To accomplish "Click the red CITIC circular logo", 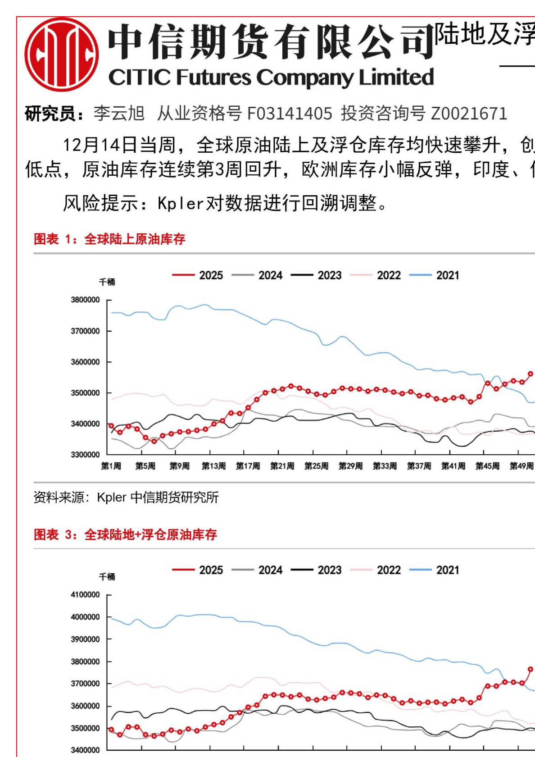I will (62, 55).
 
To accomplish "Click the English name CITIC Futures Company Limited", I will (271, 78).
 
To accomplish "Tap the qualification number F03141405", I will (290, 114).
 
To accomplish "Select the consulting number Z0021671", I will (469, 114).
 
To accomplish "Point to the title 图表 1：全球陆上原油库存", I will (109, 239).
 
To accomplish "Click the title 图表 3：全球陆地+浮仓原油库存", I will (125, 534).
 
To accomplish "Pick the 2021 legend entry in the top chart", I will (435, 275).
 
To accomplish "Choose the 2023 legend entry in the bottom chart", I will (317, 570).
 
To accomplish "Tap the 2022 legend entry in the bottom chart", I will (376, 570).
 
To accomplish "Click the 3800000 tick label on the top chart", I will (85, 300).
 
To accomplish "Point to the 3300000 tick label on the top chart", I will (85, 455).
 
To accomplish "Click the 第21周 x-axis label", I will (282, 466).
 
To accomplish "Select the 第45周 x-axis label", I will (487, 466).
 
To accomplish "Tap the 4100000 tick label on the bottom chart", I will (85, 595).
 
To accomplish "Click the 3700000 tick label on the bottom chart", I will (85, 684).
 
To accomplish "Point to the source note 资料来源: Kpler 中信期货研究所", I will (126, 497).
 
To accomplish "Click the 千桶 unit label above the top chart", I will (107, 282).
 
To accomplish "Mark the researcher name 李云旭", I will (119, 114).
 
